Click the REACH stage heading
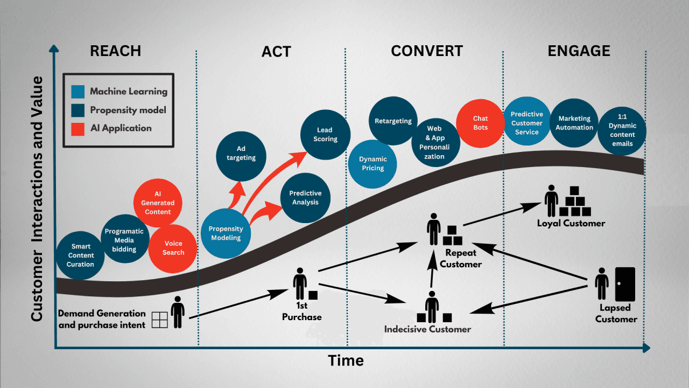pos(115,51)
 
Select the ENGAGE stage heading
pos(579,51)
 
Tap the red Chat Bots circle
pos(480,123)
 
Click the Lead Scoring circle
pos(325,135)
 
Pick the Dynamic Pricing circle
pos(372,163)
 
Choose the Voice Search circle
pos(173,248)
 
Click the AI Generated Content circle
pos(158,203)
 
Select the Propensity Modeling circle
pos(226,233)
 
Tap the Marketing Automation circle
pos(574,123)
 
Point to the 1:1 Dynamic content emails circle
pos(621,131)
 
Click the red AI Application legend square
pos(78,128)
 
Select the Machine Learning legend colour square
pos(78,92)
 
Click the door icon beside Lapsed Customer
pos(625,284)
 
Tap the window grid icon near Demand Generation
pos(160,320)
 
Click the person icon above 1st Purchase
pos(300,283)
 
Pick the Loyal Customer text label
pos(571,223)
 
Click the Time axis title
pos(346,361)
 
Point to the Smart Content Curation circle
pos(80,255)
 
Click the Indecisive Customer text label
pos(427,329)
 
